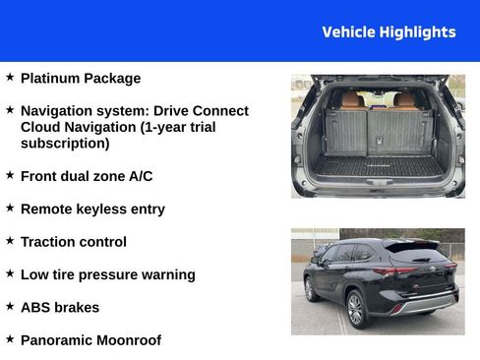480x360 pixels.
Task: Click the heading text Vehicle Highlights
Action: pos(389,32)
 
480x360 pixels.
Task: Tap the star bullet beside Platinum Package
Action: pos(10,77)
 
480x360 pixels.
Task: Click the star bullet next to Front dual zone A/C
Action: pos(10,175)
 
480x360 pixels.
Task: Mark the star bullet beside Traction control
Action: pos(10,240)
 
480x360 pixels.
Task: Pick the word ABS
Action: pos(35,307)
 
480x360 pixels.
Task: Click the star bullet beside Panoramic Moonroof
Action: pos(10,338)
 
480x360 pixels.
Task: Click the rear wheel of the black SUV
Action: pos(355,309)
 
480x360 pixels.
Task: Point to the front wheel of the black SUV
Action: pos(310,289)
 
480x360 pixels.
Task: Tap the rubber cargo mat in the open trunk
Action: pos(379,166)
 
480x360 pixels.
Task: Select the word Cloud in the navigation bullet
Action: pos(41,128)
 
